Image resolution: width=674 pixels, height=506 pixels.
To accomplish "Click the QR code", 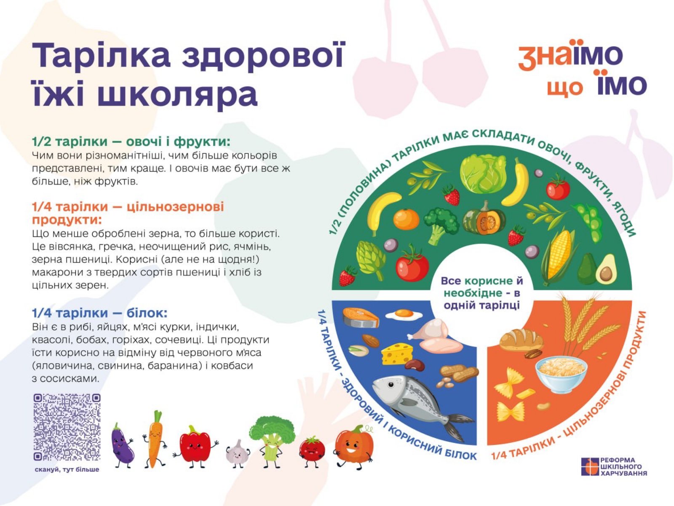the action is point(67,427).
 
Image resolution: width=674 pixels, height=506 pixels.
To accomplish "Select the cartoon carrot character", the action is point(155,439).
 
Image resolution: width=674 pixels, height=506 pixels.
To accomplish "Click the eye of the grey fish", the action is point(390,384).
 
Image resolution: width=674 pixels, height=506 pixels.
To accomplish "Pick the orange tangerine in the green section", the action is point(406,219).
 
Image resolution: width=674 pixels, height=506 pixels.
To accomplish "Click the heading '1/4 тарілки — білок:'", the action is point(100,313).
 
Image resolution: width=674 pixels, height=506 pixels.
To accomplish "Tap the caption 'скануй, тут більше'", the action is point(67,469).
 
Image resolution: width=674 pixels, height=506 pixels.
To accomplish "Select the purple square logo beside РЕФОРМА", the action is point(590,466).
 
